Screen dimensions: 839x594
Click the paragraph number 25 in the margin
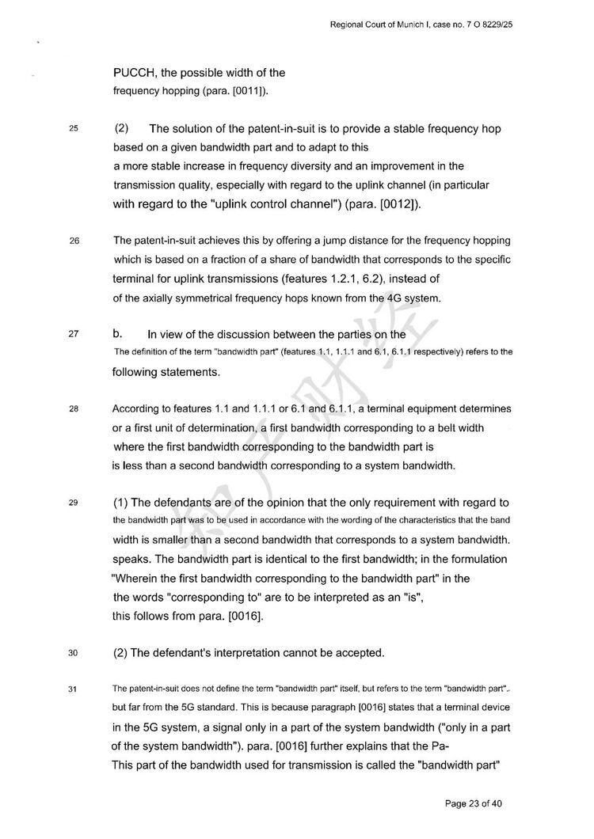74,129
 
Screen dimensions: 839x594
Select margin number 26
74,241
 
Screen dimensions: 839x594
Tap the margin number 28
74,410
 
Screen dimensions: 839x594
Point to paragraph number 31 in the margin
74,689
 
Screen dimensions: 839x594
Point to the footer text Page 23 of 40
474,804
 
